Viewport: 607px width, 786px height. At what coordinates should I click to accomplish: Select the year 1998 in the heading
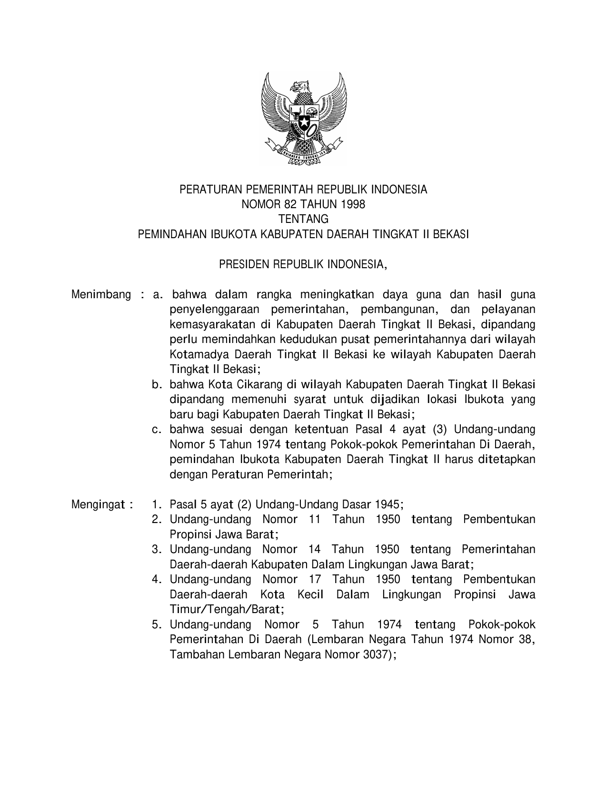(x=353, y=204)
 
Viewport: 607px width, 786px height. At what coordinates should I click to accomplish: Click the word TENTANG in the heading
(x=303, y=219)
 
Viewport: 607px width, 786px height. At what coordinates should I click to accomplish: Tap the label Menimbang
(x=101, y=294)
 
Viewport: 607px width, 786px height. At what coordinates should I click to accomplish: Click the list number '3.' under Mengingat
(x=157, y=550)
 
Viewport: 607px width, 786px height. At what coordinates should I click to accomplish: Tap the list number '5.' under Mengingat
(x=157, y=625)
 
